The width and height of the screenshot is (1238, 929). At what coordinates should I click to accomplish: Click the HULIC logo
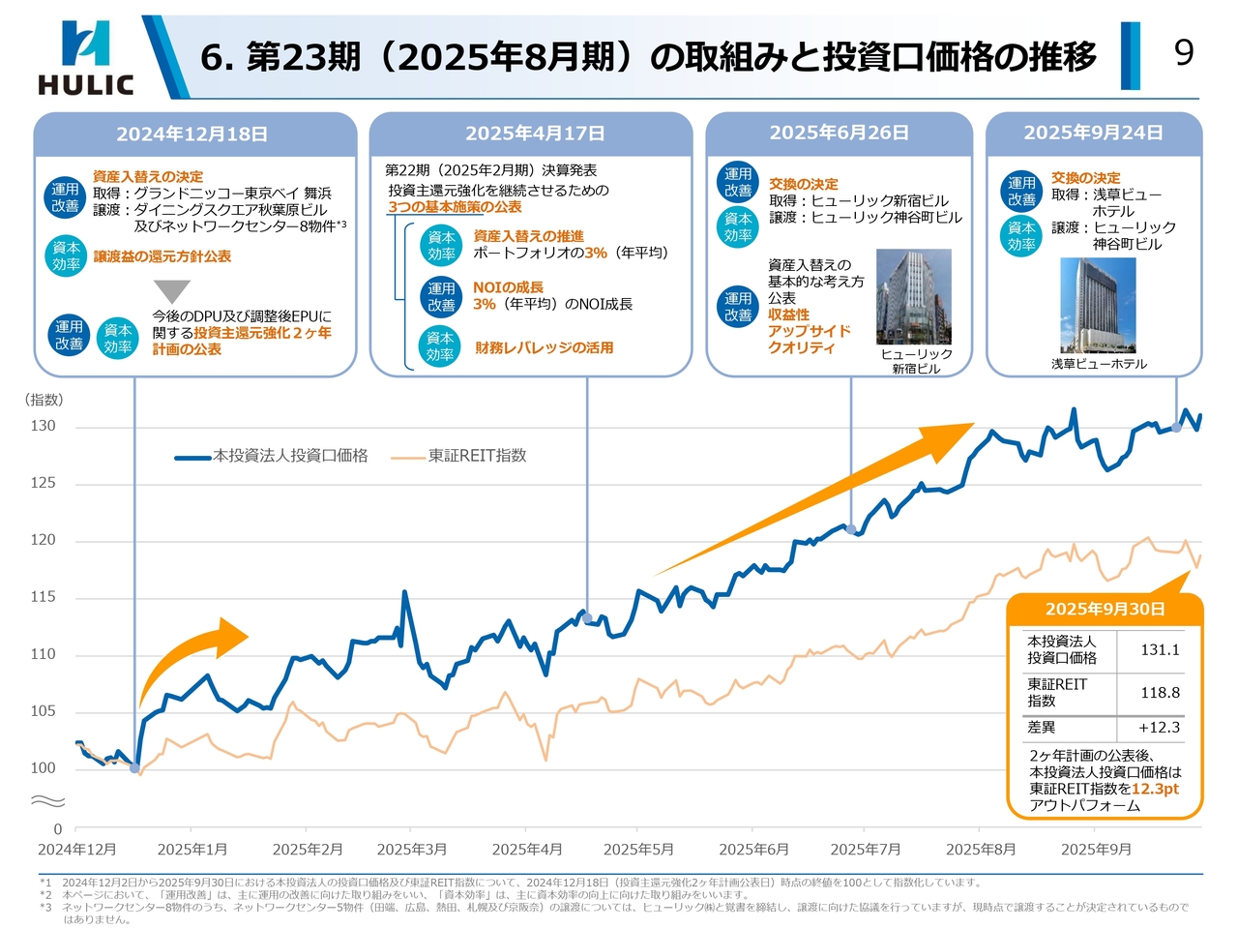(x=85, y=58)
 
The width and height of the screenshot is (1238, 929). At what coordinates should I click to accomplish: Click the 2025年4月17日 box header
(x=534, y=134)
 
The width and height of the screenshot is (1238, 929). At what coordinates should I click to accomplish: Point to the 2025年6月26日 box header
(x=839, y=133)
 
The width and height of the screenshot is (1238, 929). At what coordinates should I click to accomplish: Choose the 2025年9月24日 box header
(x=1093, y=133)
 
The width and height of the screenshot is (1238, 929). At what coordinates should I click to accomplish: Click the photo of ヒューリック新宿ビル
(x=913, y=297)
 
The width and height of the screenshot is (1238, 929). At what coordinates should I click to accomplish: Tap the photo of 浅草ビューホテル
(x=1098, y=305)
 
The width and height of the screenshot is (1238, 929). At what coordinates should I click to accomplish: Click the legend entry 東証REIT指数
(x=477, y=456)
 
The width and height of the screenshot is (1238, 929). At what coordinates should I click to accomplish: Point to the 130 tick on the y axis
(x=43, y=426)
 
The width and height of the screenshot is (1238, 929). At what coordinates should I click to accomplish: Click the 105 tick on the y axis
(x=43, y=711)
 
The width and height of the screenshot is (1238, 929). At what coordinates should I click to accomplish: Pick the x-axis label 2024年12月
(x=77, y=850)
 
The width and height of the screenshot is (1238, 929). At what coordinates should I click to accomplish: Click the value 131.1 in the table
(x=1160, y=650)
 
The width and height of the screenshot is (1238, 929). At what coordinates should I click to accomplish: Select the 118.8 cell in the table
(x=1160, y=693)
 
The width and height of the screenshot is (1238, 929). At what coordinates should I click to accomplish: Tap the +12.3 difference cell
(x=1159, y=728)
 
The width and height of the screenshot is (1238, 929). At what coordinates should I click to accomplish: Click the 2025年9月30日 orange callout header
(x=1105, y=610)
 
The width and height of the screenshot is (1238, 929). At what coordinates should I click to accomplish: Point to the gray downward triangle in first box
(x=172, y=291)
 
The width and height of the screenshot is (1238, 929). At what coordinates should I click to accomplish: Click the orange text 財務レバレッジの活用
(x=544, y=348)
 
